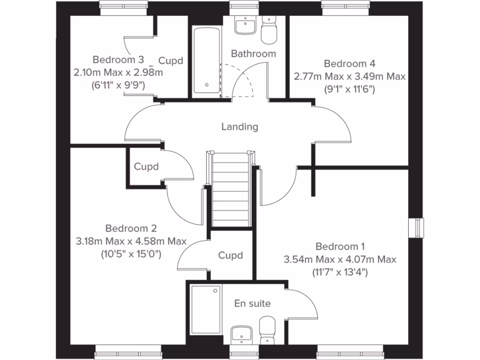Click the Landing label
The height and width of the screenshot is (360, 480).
(x=240, y=127)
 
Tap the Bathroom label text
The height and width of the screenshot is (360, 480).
(x=254, y=54)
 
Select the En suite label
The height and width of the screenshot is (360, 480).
(x=252, y=303)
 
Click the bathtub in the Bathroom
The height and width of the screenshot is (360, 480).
(x=206, y=61)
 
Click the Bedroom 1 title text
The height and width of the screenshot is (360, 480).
(x=340, y=247)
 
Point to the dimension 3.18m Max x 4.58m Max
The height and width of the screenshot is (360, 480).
(x=131, y=241)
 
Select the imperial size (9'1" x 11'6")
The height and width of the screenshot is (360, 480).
(x=350, y=89)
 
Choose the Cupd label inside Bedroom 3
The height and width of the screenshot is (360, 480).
(x=170, y=61)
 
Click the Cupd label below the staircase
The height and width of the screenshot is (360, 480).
(x=231, y=255)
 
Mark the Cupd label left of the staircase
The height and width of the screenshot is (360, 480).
(x=146, y=166)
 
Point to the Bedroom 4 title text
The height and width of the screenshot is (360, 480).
(x=350, y=63)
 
